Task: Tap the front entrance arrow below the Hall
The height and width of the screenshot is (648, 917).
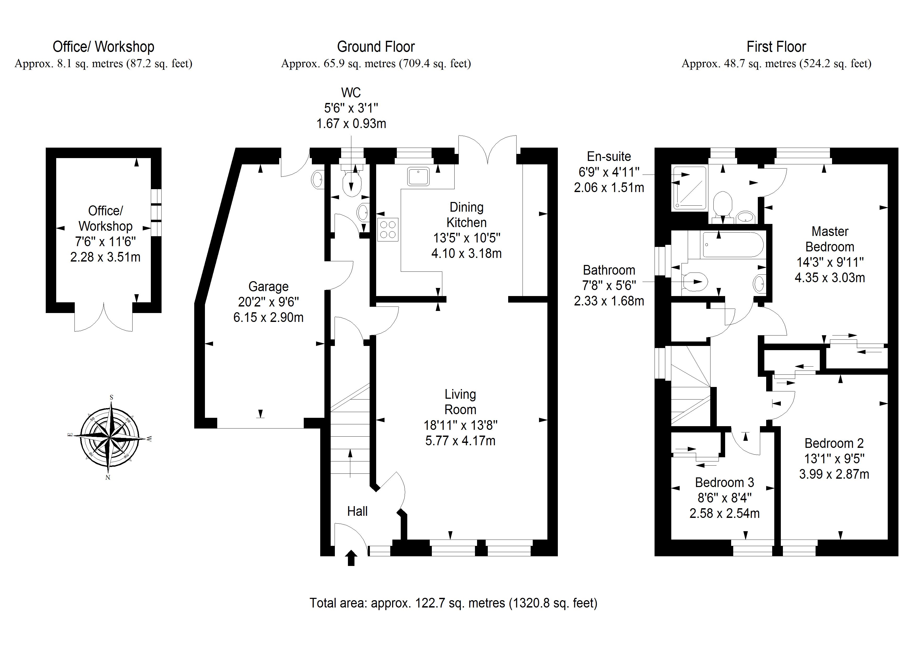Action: [351, 558]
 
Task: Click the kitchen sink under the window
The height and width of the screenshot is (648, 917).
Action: [418, 176]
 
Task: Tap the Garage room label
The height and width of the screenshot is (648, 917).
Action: [268, 286]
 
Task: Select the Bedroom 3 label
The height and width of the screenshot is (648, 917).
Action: [725, 482]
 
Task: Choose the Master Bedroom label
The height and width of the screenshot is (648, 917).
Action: [830, 239]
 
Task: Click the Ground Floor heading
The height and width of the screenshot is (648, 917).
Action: [376, 47]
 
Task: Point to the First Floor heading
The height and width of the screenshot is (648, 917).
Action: [776, 47]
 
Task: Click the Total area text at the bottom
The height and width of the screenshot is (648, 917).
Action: [453, 603]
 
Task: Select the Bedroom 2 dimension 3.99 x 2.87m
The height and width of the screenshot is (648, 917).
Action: [834, 474]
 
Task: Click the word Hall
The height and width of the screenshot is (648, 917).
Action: [357, 511]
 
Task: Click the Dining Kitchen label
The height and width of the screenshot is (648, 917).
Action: [467, 215]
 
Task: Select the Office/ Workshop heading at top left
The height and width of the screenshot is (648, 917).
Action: [104, 47]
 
